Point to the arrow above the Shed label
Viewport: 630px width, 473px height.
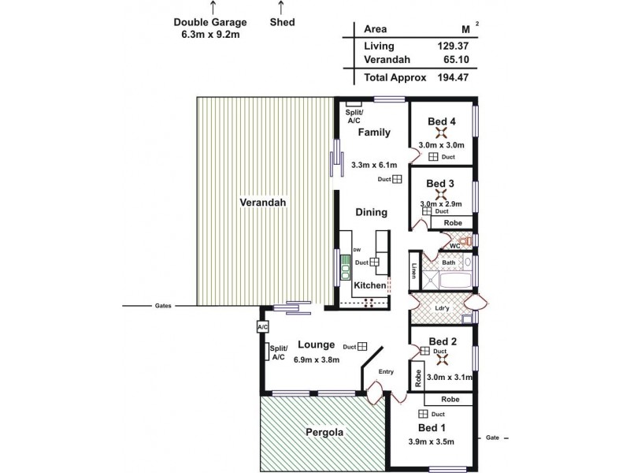coord(282,7)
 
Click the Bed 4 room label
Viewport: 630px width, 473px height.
coord(442,121)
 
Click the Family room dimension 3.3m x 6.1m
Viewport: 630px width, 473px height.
coord(375,165)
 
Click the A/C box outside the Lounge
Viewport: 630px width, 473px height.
coord(261,326)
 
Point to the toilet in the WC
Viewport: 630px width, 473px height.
coord(468,241)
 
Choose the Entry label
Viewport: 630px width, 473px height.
coord(385,371)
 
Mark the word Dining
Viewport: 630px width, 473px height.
coord(371,212)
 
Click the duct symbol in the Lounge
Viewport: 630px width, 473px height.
coord(362,345)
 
